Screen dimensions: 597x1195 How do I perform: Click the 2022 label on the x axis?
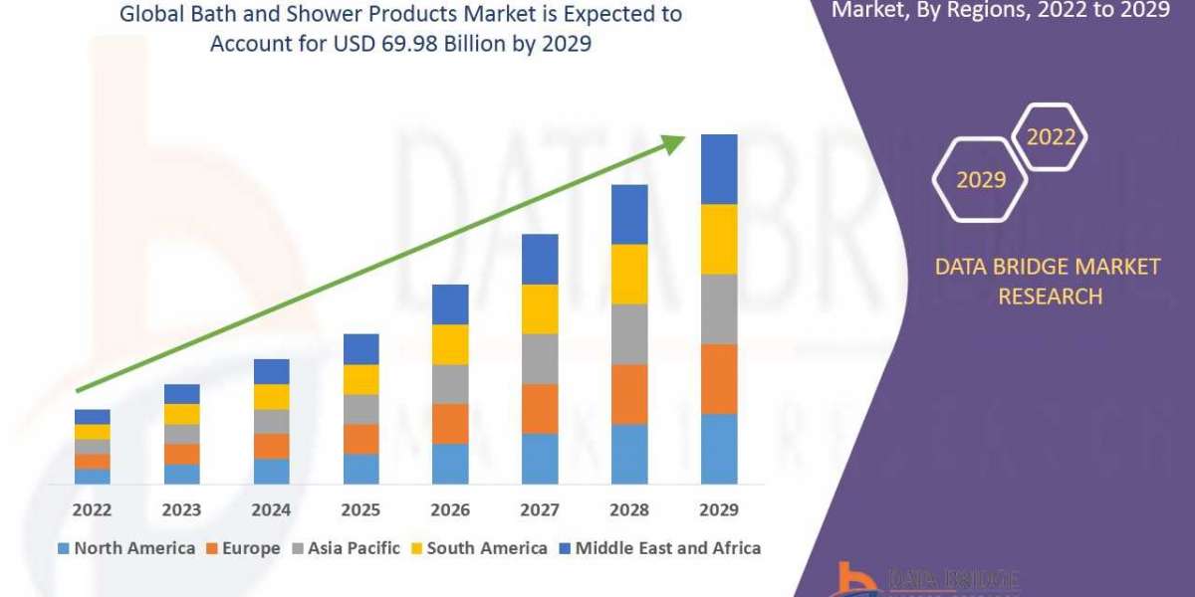92,510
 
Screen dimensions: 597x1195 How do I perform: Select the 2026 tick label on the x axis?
450,510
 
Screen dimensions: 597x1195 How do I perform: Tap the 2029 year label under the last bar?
719,510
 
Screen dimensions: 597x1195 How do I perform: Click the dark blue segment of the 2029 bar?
719,169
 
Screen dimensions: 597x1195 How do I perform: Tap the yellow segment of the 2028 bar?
629,274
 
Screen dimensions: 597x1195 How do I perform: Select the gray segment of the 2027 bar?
540,359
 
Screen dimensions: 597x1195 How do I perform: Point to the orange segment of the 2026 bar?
450,424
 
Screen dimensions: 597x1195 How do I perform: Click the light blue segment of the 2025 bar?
360,469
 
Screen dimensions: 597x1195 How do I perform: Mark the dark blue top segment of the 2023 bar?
181,394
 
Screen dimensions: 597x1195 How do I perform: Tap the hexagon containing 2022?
1050,137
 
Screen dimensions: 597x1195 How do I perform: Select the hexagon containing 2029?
979,180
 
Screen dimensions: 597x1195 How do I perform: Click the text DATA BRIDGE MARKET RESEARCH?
1048,282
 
